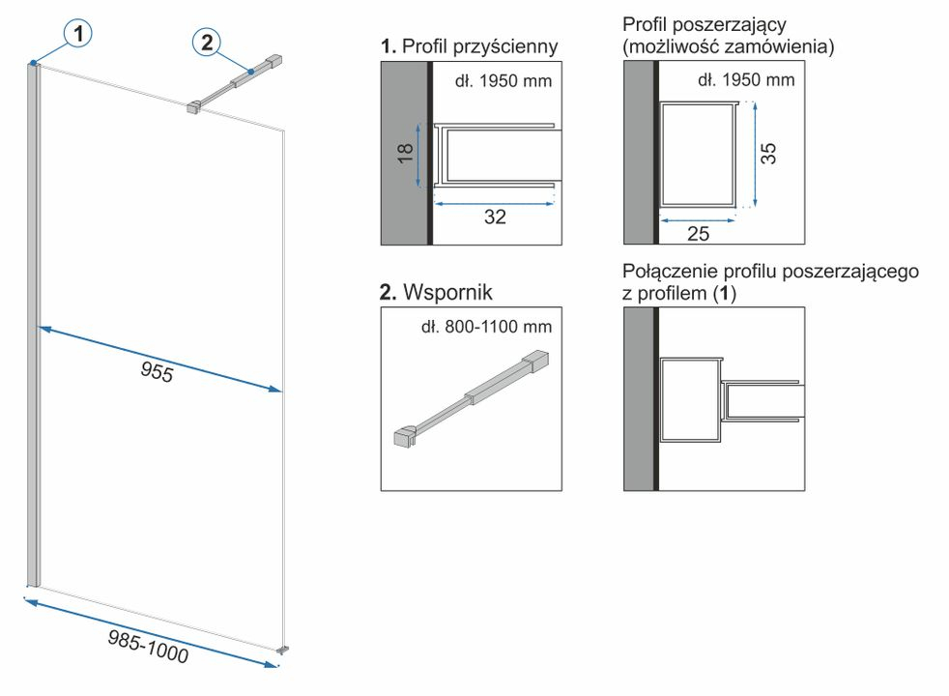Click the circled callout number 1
pyautogui.click(x=78, y=33)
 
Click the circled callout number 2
pyautogui.click(x=207, y=43)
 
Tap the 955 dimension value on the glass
pyautogui.click(x=157, y=371)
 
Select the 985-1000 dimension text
pyautogui.click(x=148, y=646)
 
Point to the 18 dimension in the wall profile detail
pyautogui.click(x=405, y=153)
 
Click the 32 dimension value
pyautogui.click(x=495, y=217)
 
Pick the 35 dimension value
pyautogui.click(x=767, y=153)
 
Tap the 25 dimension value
pyautogui.click(x=698, y=234)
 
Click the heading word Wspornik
pyautogui.click(x=447, y=292)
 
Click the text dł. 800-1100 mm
pyautogui.click(x=487, y=327)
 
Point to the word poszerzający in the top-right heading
pyautogui.click(x=730, y=25)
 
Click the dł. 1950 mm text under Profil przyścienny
pyautogui.click(x=503, y=81)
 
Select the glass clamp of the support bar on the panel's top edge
pyautogui.click(x=193, y=107)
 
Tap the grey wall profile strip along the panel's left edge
pyautogui.click(x=33, y=325)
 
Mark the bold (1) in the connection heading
pyautogui.click(x=725, y=294)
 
